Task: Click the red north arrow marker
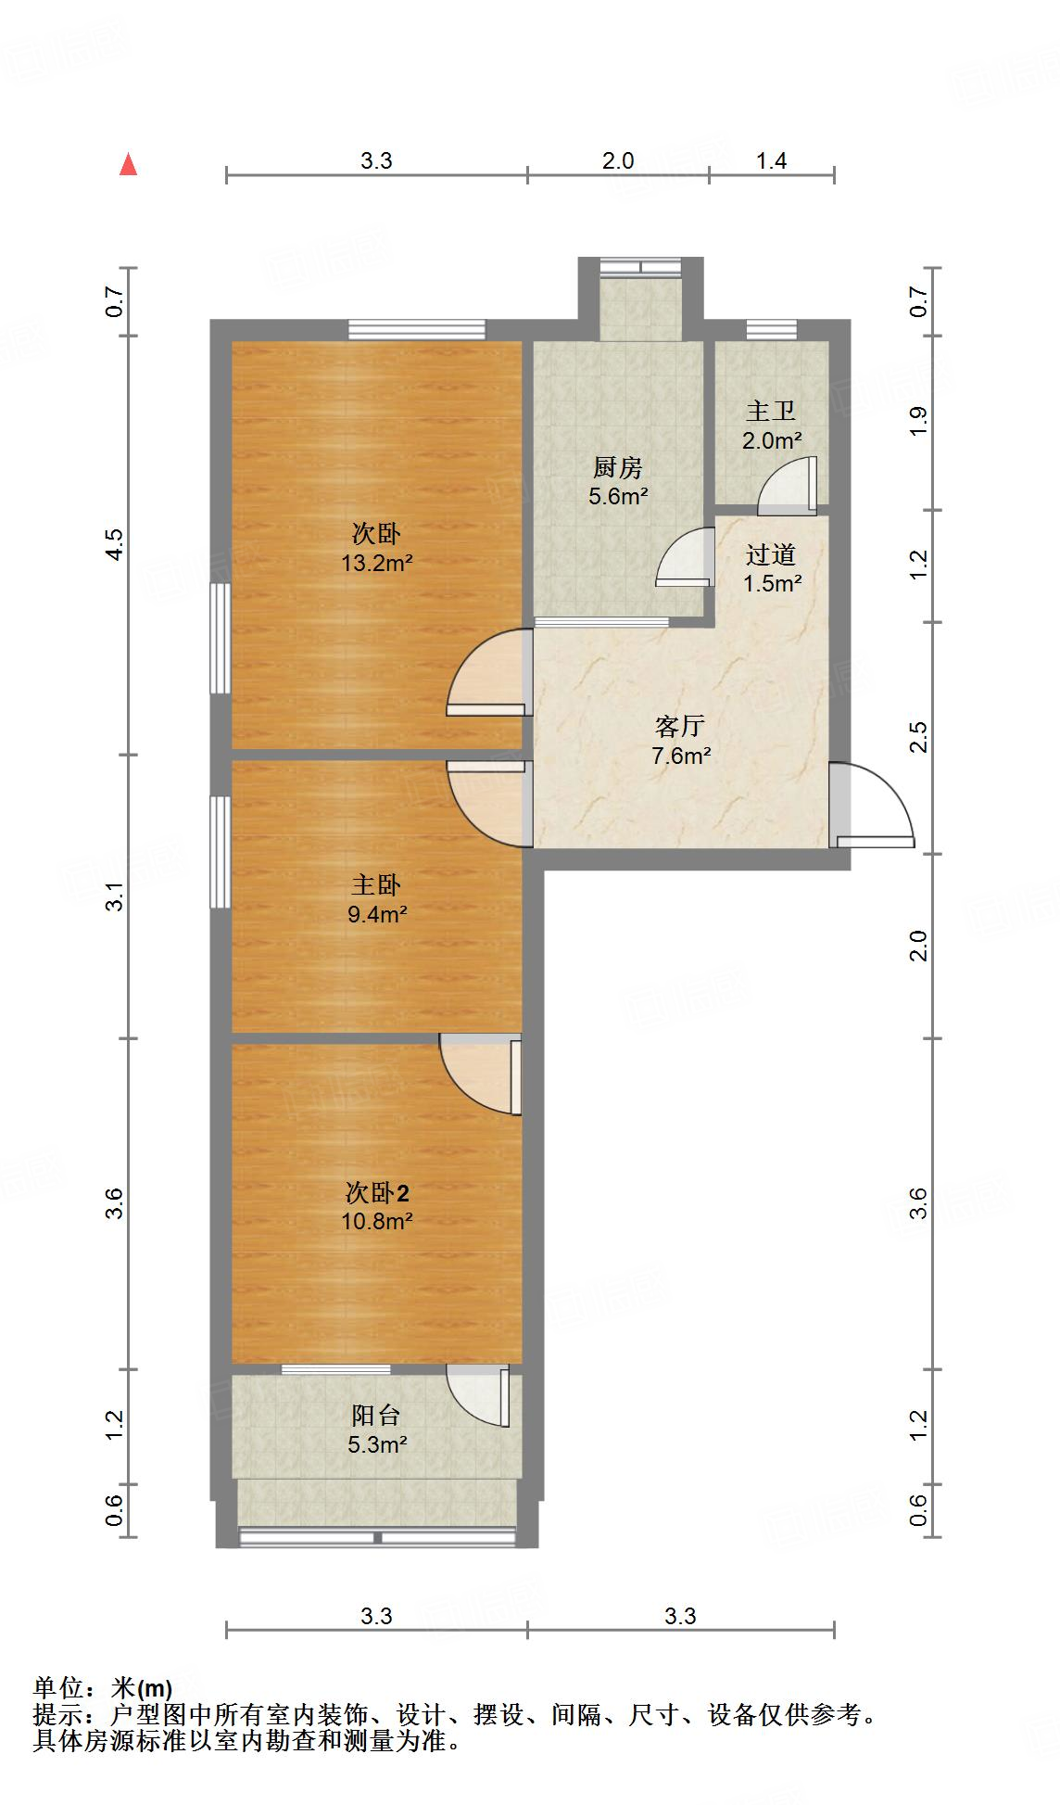tap(129, 165)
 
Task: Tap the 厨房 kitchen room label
tap(618, 468)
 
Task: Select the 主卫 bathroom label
tap(771, 411)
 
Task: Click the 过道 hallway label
tap(771, 554)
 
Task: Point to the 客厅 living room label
tap(680, 726)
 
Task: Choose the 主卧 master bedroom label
tap(376, 885)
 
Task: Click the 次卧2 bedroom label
tap(377, 1192)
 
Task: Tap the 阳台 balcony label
tap(376, 1416)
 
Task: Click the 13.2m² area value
tap(376, 562)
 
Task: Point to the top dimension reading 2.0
tap(618, 160)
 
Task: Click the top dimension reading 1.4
tap(771, 160)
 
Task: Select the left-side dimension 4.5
tap(114, 544)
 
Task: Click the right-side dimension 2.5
tap(918, 738)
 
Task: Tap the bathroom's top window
tap(771, 329)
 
